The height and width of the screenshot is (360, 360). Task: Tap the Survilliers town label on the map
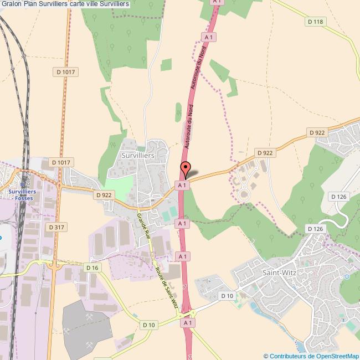pyautogui.click(x=137, y=156)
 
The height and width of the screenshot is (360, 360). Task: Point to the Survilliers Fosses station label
pyautogui.click(x=23, y=195)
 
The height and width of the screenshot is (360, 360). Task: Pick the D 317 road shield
pyautogui.click(x=56, y=227)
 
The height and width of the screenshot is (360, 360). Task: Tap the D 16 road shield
pyautogui.click(x=92, y=268)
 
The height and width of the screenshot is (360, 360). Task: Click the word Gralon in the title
pyautogui.click(x=12, y=4)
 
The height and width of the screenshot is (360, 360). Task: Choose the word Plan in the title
pyautogui.click(x=34, y=4)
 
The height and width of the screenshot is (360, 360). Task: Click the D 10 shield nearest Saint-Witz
pyautogui.click(x=227, y=296)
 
